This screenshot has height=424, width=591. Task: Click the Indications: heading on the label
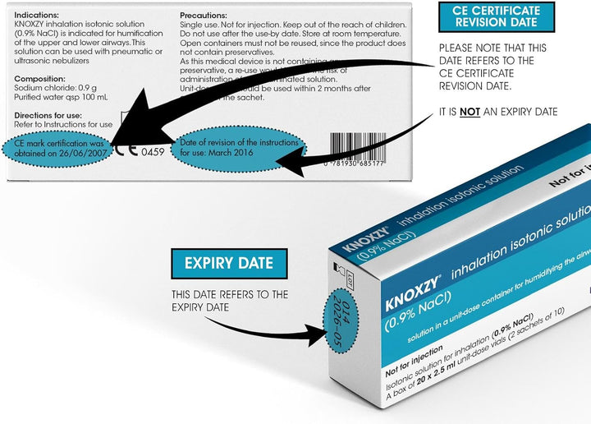click(x=36, y=16)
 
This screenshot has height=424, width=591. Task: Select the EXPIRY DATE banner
click(x=229, y=265)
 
